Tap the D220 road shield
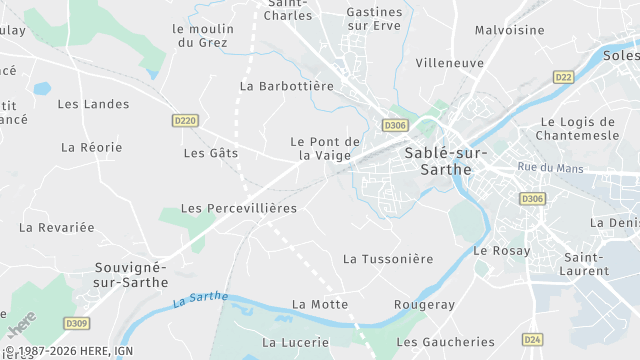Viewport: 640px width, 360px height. [185, 121]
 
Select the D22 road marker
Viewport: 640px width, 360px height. [564, 76]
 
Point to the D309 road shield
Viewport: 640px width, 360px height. [77, 323]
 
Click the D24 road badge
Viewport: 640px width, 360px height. [532, 339]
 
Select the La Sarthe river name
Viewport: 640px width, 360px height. [200, 299]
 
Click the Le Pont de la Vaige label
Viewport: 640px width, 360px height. [325, 148]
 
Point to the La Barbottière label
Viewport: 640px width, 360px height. [287, 86]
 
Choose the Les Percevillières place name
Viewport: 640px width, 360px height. [239, 208]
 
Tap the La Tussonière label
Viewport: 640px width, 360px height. [388, 259]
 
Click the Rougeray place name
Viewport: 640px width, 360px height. [425, 304]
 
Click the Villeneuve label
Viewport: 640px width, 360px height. [449, 62]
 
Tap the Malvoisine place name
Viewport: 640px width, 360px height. [509, 30]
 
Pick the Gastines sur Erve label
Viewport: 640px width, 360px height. [374, 18]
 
